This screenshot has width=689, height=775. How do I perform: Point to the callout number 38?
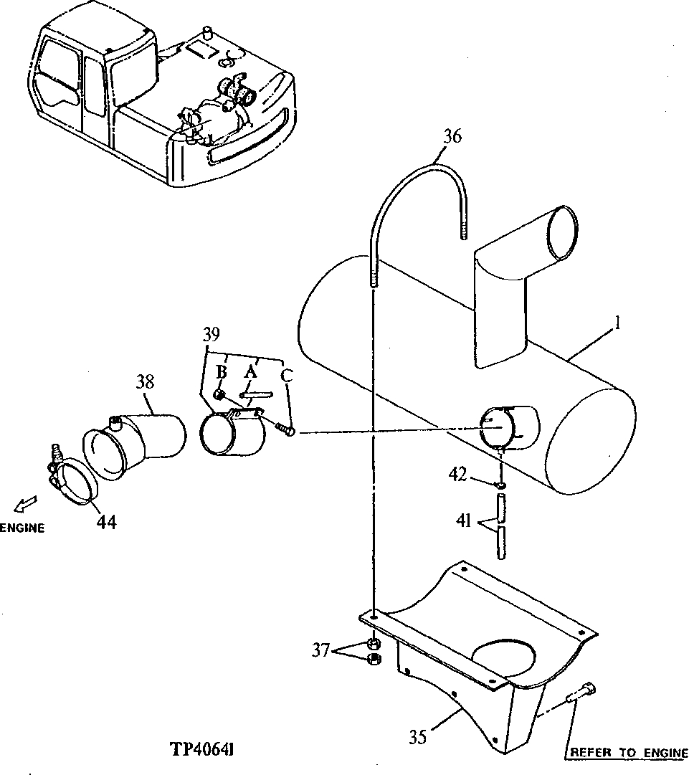[145, 382]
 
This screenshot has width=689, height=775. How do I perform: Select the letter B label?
[222, 371]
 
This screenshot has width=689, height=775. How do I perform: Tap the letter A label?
[250, 371]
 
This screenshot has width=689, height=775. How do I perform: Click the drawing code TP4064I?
[204, 749]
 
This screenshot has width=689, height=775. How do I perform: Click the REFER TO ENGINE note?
[627, 753]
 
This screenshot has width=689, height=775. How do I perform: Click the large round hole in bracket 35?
[504, 657]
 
